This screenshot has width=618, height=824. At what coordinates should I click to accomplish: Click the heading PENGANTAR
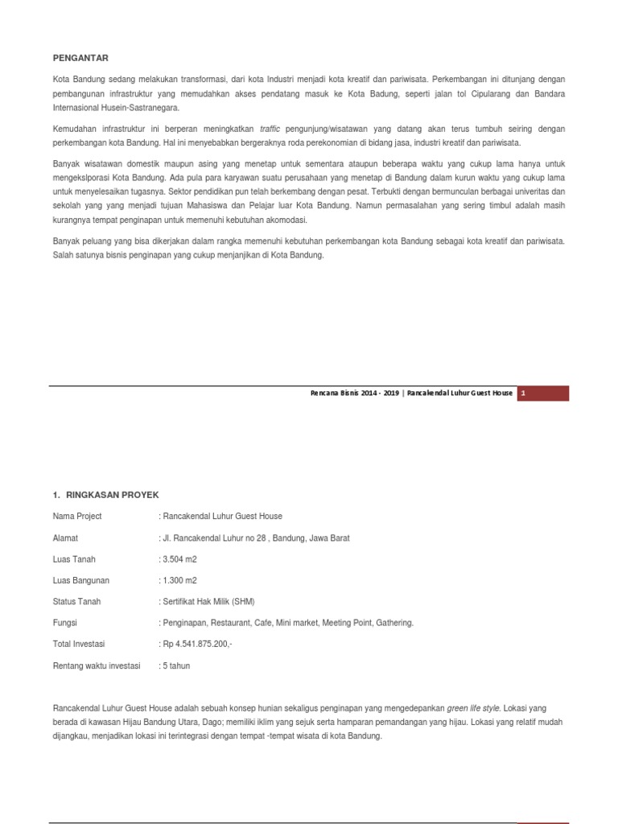pos(80,58)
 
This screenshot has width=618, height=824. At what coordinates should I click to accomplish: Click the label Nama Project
pos(77,516)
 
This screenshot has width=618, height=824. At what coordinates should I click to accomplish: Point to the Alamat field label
pos(65,538)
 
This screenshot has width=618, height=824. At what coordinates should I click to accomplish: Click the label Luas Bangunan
pos(80,580)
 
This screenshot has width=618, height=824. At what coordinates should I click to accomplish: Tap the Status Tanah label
pos(76,602)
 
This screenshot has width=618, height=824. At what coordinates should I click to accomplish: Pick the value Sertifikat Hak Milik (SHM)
pos(208,602)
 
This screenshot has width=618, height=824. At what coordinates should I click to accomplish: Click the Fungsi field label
pos(65,623)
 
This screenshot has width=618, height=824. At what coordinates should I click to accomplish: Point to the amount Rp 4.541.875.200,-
pos(197,644)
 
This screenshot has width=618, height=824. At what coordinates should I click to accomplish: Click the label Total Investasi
pos(79,644)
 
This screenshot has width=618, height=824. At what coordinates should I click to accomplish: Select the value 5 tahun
pos(176,665)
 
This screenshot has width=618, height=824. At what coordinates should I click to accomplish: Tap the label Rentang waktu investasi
pos(97,665)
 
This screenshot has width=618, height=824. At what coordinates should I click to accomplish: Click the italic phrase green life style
pos(474,708)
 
